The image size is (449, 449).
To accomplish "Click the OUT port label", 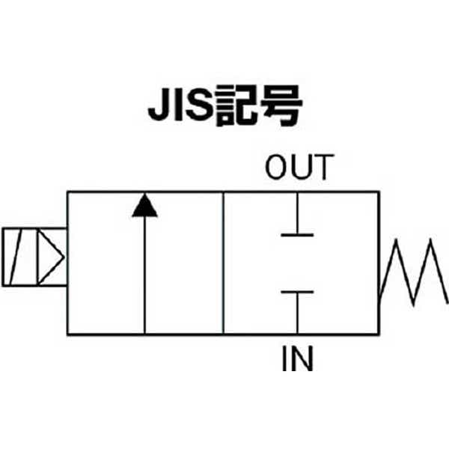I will coord(297,168).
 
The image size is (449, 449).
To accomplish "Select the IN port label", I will coord(297,360).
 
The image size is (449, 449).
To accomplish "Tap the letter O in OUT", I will coord(276,168).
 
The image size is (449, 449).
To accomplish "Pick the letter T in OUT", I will coord(320,168).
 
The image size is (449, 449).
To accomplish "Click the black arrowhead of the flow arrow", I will coord(144,206).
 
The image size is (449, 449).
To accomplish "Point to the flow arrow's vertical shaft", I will coord(144,277).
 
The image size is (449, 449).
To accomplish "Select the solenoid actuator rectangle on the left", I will coord(34,256).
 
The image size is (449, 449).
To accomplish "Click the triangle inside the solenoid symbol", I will coord(50,256).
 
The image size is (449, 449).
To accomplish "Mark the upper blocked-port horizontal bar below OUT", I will coord(297,235).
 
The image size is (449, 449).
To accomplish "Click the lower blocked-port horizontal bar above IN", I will coord(297,293).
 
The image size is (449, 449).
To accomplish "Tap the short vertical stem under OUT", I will coord(297,214).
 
